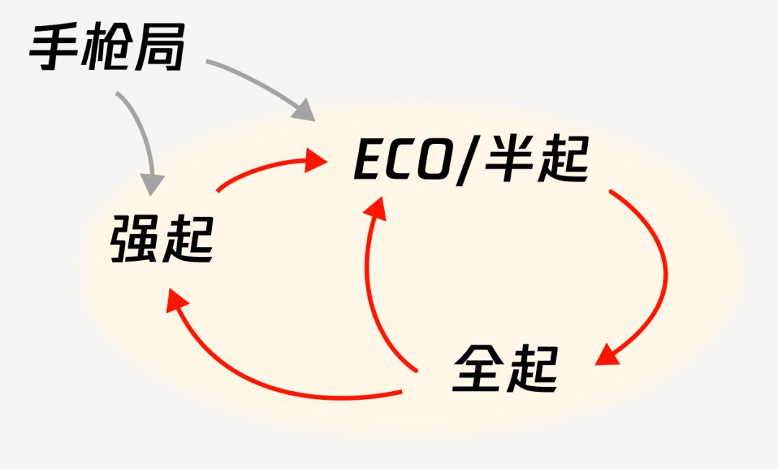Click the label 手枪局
[x=107, y=47]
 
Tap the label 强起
[x=162, y=238]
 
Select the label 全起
[x=506, y=369]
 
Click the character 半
[x=508, y=158]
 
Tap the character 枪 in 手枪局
[x=107, y=47]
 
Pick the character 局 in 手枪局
[x=160, y=47]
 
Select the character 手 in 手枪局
[x=55, y=47]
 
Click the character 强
[x=135, y=238]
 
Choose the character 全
[x=478, y=369]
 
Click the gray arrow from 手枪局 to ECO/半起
[x=264, y=84]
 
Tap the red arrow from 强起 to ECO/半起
[x=268, y=167]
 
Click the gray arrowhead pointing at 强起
[x=151, y=185]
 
